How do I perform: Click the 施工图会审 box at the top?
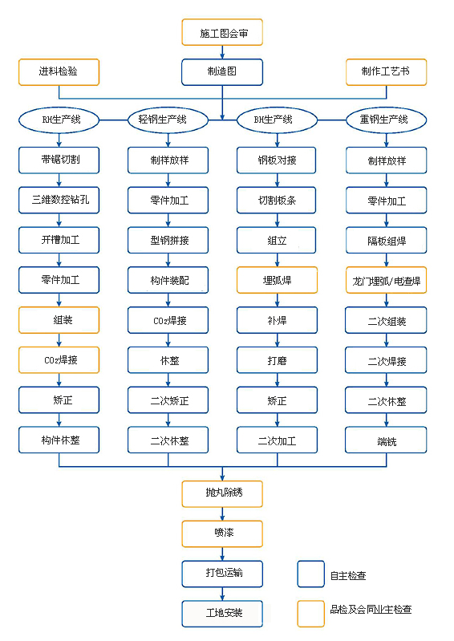[222, 33]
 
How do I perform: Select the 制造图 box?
[222, 71]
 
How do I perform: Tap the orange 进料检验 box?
[59, 71]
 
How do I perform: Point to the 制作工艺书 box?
[387, 71]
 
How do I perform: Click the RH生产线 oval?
[60, 120]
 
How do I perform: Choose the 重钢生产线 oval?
[386, 120]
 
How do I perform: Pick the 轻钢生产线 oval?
[168, 120]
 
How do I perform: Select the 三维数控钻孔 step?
[59, 200]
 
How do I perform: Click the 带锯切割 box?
[59, 160]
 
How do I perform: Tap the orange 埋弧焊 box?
[277, 280]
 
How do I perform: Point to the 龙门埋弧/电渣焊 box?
[386, 280]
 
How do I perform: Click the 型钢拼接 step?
[168, 240]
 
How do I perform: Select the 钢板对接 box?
[277, 160]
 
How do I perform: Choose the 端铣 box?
[386, 440]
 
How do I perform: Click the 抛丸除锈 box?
[222, 493]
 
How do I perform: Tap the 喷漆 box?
[222, 533]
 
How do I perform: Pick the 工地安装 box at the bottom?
[222, 614]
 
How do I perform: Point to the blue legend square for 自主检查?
[310, 574]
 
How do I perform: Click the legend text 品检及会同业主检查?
[370, 610]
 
